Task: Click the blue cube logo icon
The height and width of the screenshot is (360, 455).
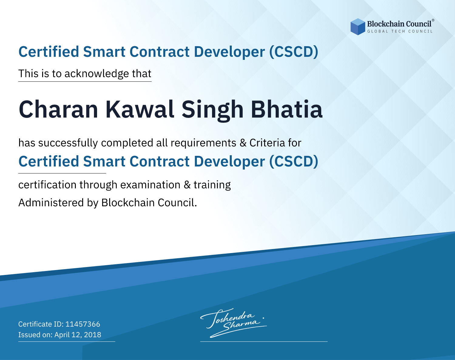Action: pos(358,27)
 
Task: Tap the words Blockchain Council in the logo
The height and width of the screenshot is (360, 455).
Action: pos(399,24)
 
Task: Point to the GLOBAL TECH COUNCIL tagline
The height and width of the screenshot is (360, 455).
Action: pos(400,31)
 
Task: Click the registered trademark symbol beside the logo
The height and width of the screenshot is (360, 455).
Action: pos(433,20)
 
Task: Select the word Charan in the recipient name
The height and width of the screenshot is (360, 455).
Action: pos(58,109)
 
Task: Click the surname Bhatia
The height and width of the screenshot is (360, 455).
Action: pos(286,109)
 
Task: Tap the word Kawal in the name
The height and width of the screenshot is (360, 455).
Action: pos(140,109)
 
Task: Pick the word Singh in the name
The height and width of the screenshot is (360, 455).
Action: pos(213,111)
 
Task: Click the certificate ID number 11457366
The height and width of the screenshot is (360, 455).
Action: pos(83,324)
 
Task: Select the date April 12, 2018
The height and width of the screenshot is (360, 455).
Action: pos(78,334)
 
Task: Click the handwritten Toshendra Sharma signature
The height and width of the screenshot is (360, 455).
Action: pos(234,323)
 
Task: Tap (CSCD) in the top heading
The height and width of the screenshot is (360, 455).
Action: pos(294,52)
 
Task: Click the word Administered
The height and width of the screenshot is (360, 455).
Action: pos(51,202)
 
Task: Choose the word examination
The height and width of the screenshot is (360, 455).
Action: pos(150,185)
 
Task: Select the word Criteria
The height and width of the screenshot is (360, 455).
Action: pos(267,143)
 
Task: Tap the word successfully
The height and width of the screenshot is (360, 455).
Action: pos(68,143)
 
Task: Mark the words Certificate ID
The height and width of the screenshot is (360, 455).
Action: pos(41,324)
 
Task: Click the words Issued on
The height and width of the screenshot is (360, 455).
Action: pos(35,334)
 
